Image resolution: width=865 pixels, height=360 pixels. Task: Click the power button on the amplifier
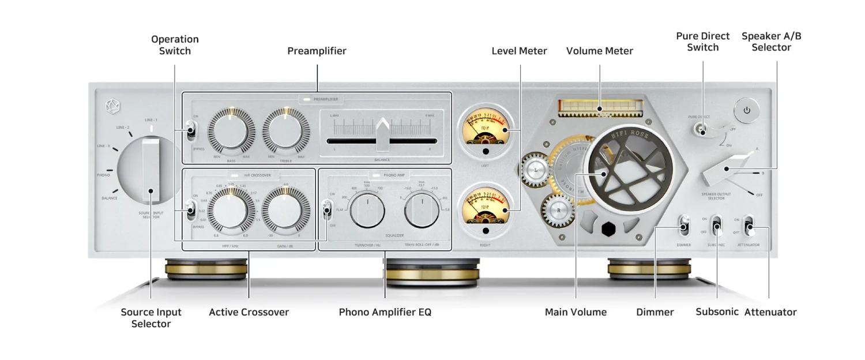(747, 110)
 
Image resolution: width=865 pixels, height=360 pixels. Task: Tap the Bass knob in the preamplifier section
(231, 131)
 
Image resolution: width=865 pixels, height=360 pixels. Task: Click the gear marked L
(536, 171)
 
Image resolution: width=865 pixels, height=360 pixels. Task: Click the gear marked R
(558, 211)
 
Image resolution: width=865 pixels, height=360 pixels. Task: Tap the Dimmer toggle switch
(684, 226)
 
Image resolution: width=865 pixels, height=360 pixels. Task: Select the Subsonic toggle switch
(717, 226)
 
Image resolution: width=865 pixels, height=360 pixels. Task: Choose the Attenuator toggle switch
(749, 226)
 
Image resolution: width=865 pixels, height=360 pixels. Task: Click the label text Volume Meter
(599, 51)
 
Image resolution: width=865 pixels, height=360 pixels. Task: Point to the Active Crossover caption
(249, 312)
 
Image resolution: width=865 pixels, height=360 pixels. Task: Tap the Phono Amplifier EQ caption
(385, 312)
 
